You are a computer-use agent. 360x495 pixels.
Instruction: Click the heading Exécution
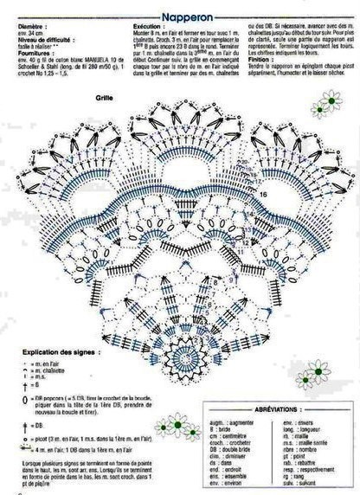[151, 28]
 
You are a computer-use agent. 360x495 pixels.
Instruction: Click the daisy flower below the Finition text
[326, 106]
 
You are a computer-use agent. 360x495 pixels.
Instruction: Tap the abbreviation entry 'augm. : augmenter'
[233, 421]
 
